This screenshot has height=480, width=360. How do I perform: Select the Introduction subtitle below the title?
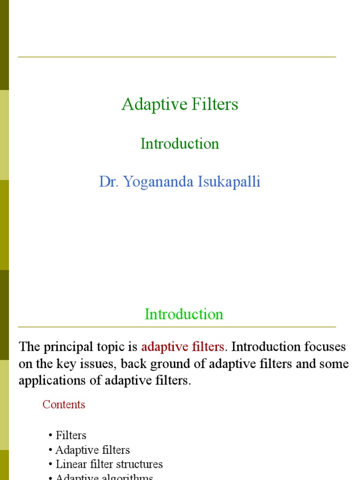[x=180, y=143]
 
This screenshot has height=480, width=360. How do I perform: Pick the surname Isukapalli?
[x=228, y=181]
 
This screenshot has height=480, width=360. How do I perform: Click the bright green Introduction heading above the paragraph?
[x=184, y=314]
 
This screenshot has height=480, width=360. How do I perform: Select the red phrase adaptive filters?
[x=182, y=347]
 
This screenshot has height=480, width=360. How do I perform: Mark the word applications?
[x=49, y=380]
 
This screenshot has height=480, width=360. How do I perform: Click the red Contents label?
[x=64, y=405]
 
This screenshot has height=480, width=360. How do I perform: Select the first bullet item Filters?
[x=71, y=435]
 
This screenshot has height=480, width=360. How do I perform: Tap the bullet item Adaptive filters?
[x=92, y=450]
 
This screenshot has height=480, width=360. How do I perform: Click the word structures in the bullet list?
[x=141, y=465]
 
